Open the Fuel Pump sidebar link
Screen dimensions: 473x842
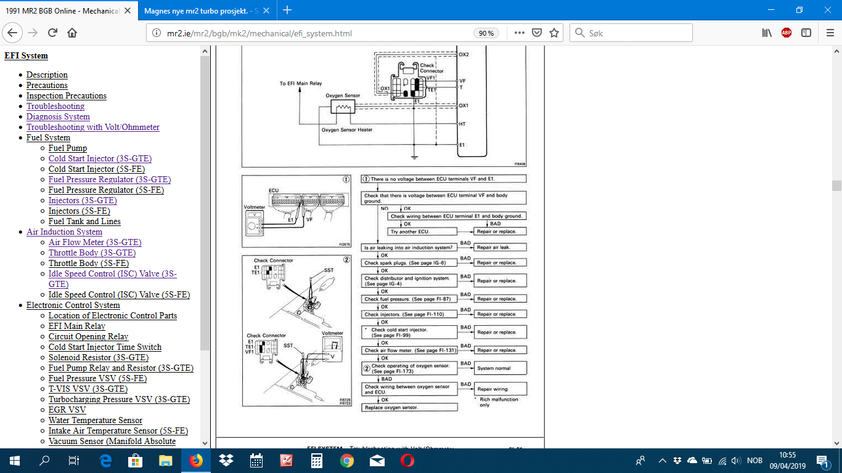(68, 148)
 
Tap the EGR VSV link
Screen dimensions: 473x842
(67, 410)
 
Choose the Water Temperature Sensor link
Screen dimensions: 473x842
(96, 420)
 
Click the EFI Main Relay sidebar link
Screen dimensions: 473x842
(77, 326)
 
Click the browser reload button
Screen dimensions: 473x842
(52, 33)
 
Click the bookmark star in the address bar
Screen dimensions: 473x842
(554, 33)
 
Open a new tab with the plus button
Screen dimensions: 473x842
(287, 10)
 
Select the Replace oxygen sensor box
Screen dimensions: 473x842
(410, 408)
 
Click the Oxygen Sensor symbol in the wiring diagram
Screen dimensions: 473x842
(343, 107)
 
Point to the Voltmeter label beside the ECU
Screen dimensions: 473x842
(254, 208)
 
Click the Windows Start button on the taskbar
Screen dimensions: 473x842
(14, 461)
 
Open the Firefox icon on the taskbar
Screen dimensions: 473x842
(196, 461)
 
